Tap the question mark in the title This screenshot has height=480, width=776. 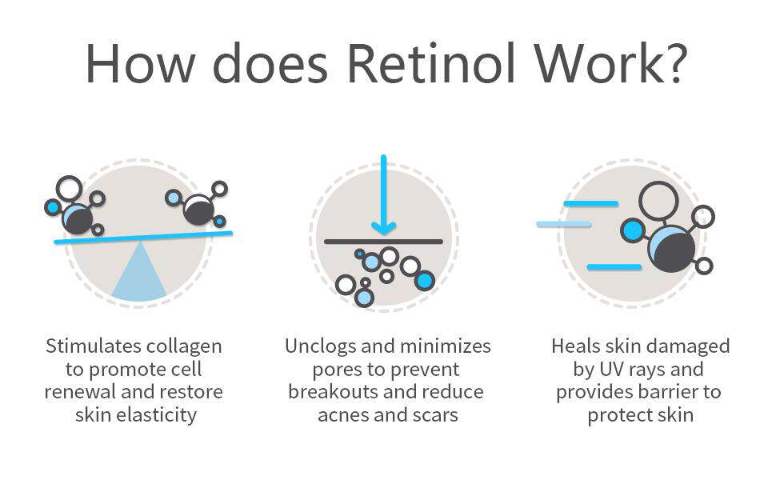coord(674,63)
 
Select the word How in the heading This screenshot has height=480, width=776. coord(141,64)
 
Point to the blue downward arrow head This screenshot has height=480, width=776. coord(383,228)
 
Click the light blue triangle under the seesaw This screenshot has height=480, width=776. coord(139,271)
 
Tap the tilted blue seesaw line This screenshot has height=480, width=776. coord(143,237)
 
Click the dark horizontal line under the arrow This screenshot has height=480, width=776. coord(383,242)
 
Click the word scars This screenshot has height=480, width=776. coord(436,415)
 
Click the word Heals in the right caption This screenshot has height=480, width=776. coord(574,346)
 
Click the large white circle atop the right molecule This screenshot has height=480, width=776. coord(658,202)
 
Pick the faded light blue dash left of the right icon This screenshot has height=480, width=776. coord(564,225)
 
